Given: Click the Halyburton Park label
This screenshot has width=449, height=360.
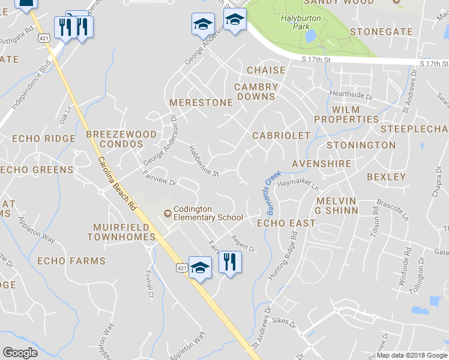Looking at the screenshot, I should point(301,23).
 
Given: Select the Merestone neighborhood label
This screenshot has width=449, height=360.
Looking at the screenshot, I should point(200,103).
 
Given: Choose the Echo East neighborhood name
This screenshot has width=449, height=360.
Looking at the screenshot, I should point(286,223).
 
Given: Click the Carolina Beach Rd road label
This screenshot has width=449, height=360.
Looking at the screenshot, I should point(116,184).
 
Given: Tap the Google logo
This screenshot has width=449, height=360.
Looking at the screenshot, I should point(20,353).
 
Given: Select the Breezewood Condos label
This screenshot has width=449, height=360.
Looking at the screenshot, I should point(121,139).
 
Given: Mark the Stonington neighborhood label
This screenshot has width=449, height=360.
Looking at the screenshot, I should point(361,145).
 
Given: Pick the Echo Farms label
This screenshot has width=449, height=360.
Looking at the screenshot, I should point(71,261).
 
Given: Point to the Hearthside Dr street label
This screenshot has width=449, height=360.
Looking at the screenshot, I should point(351,95).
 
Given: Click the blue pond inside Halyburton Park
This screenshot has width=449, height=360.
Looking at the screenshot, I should point(310,37).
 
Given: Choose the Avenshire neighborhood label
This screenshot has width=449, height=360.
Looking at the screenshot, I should point(320,164).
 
